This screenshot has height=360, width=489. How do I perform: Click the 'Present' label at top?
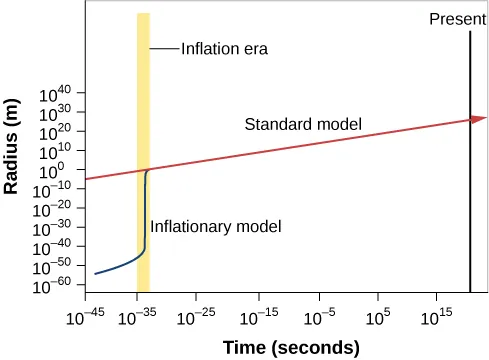point(457,18)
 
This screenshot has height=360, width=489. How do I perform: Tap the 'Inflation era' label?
point(217,47)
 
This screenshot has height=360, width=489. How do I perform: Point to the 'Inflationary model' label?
point(216,227)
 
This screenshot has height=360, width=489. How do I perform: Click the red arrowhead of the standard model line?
point(479,119)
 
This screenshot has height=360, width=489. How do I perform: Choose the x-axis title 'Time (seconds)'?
point(290,347)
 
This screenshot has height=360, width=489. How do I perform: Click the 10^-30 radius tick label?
point(57,230)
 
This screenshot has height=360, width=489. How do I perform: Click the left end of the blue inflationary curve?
point(95,273)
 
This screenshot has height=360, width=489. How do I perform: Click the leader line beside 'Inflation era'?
point(165,47)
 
